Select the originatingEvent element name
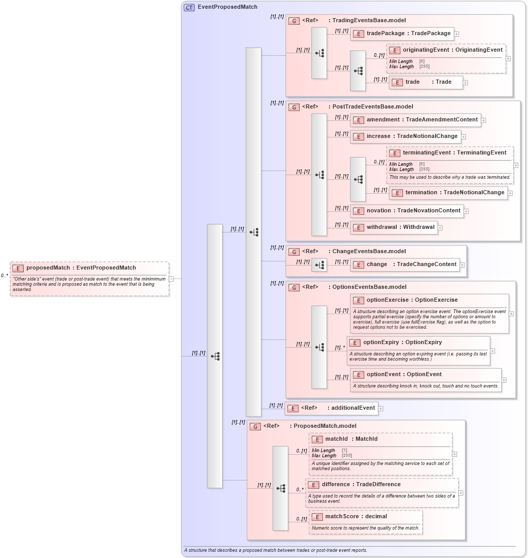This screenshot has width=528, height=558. tap(452, 50)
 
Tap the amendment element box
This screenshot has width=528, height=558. tap(415, 120)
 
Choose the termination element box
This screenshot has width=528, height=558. tap(448, 193)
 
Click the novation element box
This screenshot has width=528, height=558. tap(407, 211)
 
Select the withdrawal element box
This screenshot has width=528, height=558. tap(394, 227)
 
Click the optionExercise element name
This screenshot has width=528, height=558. tap(412, 300)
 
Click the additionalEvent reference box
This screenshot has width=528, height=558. tap(331, 408)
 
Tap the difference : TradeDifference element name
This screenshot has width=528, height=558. tap(361, 485)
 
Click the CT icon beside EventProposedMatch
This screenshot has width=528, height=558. tap(189, 7)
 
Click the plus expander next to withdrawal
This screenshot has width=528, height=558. tap(440, 227)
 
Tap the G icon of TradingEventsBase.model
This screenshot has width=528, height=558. tap(293, 21)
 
